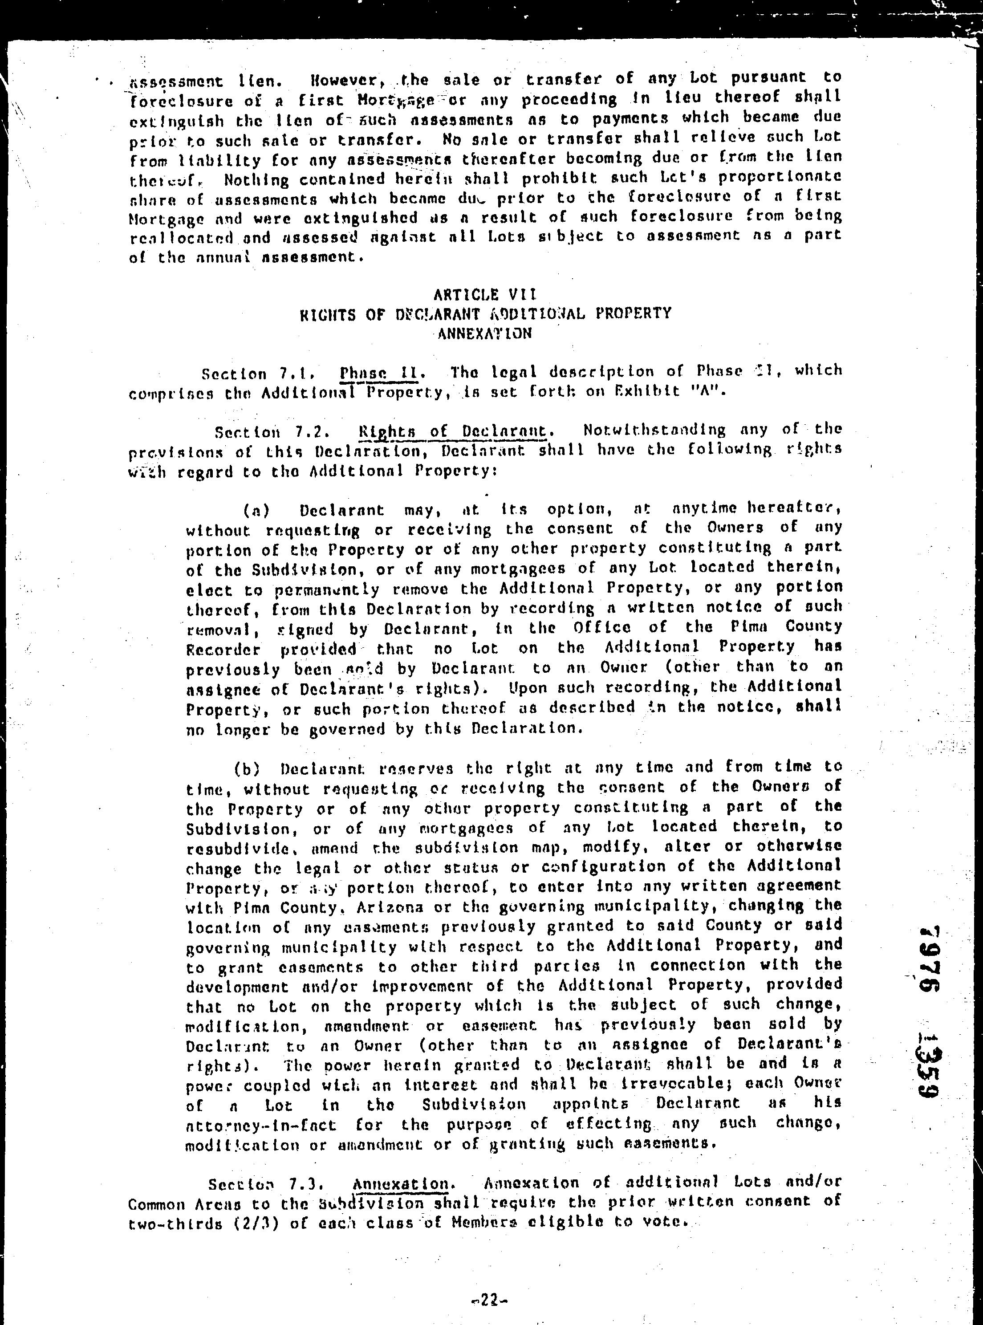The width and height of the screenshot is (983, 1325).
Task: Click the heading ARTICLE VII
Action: (484, 294)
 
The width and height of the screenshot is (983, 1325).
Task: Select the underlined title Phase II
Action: (382, 373)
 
